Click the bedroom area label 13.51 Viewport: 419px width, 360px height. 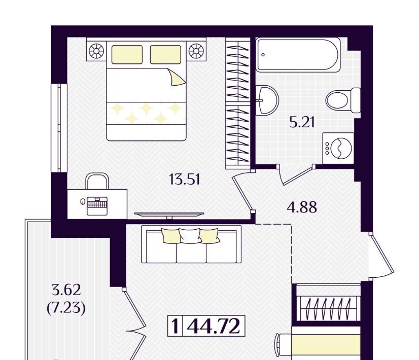pos(185,179)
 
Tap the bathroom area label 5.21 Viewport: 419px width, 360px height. pos(302,122)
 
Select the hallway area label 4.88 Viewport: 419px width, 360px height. pos(302,207)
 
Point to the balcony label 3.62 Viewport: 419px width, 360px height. pos(66,290)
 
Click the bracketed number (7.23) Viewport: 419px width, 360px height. pos(66,308)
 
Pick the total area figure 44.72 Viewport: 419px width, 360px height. pos(213,326)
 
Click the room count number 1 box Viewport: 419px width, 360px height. pos(176,326)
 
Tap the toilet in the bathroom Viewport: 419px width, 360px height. pos(343,100)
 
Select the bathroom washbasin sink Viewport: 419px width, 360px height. pos(267,100)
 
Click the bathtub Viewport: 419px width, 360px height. pos(298,55)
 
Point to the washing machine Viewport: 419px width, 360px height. pos(338,148)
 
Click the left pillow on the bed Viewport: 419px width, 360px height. pos(127,54)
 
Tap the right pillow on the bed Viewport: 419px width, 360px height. pos(165,54)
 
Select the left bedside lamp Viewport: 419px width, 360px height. pos(96,51)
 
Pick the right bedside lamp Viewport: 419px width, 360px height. pos(196,51)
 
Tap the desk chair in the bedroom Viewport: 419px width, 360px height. pos(97,182)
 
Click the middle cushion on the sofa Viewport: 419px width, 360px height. pos(190,236)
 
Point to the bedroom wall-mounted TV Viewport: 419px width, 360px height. pos(169,214)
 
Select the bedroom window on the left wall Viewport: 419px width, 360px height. pos(59,128)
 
